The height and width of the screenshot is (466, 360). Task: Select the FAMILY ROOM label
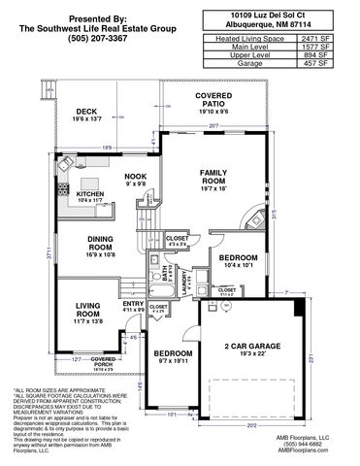point(213,179)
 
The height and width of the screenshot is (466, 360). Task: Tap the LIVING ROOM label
point(87,310)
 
